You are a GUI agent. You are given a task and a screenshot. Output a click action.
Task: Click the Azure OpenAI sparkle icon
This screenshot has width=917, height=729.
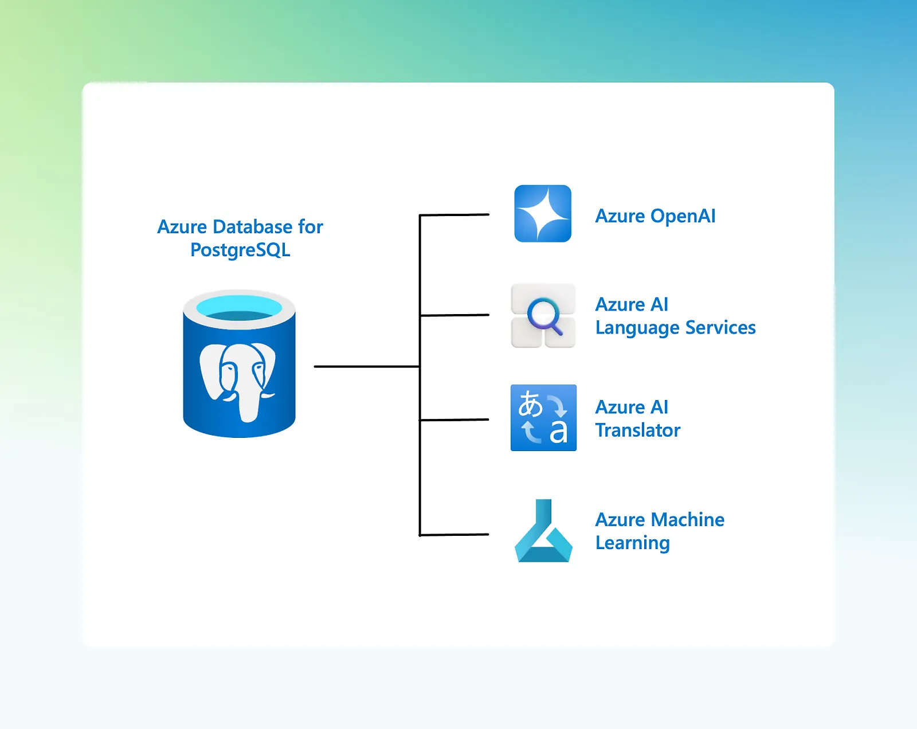point(543,213)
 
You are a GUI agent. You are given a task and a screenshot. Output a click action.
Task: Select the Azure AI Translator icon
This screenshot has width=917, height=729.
point(543,418)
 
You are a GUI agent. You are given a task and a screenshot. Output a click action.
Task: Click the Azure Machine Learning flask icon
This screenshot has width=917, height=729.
point(543,532)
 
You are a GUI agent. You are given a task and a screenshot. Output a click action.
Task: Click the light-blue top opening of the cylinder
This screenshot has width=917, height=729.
point(239,307)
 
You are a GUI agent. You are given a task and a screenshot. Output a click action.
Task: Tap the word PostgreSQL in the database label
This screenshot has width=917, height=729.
point(240,250)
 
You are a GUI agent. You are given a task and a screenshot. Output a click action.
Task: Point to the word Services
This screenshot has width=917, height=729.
point(720,328)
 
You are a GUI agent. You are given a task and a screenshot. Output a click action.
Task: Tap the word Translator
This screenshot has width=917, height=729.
point(638,430)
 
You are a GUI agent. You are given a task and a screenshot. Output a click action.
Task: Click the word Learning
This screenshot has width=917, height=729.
point(632,543)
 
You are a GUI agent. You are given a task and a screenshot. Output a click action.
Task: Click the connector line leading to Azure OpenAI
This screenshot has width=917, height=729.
point(454,215)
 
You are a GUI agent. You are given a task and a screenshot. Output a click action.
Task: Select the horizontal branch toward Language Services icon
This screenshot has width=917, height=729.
point(454,315)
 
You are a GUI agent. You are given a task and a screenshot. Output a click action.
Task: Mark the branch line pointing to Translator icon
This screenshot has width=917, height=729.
point(454,420)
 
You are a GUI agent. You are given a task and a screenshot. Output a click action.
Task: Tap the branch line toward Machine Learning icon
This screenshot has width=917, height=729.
point(454,535)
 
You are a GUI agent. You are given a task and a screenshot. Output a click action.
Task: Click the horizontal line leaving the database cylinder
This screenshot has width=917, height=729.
point(367,366)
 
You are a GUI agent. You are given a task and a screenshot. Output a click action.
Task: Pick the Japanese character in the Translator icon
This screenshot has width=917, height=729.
point(530,404)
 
